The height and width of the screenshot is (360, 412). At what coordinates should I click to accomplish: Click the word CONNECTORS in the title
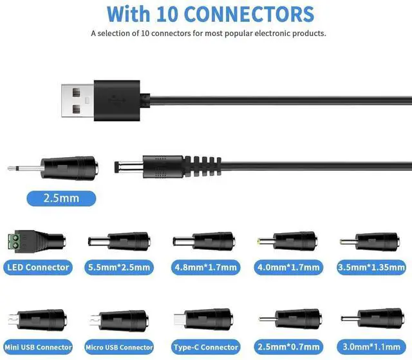[251, 14]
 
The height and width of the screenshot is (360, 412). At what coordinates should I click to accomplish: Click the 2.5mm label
[62, 198]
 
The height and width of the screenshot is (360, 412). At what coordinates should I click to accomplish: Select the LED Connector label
[37, 267]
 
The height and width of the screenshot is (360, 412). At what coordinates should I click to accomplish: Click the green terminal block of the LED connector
[19, 242]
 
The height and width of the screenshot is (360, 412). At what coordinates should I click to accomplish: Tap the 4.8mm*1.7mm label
[205, 267]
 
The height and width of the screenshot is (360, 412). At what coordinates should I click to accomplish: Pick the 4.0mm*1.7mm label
[290, 267]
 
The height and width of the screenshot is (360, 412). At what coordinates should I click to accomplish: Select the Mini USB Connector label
[37, 348]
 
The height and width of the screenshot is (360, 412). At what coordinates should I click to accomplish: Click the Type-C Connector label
[205, 348]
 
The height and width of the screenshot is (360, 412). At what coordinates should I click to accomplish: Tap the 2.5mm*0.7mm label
[290, 348]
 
